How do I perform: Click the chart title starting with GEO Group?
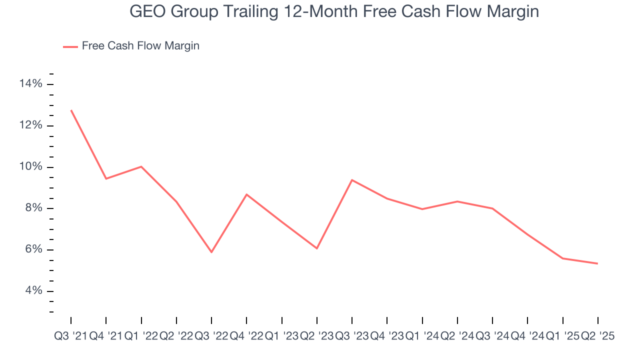coord(334,11)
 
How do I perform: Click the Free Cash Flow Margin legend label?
coord(140,46)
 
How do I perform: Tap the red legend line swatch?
coord(70,46)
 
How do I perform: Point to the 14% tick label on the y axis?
coord(30,84)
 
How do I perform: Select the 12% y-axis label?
coord(30,125)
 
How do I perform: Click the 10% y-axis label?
coord(30,167)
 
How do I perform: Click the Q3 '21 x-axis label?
coord(70,336)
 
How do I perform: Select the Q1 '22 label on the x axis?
coord(141,336)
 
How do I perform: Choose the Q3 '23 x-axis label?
coord(352,336)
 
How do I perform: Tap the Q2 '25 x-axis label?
coord(597,336)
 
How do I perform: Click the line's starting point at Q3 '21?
coord(71,110)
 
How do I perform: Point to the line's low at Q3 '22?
coord(211,252)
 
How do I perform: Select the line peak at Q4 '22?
coord(246,194)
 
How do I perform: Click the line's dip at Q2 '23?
coord(317,248)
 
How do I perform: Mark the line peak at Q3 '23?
coord(352,180)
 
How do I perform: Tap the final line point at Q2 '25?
coord(597,263)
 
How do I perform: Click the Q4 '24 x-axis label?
coord(527,336)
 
